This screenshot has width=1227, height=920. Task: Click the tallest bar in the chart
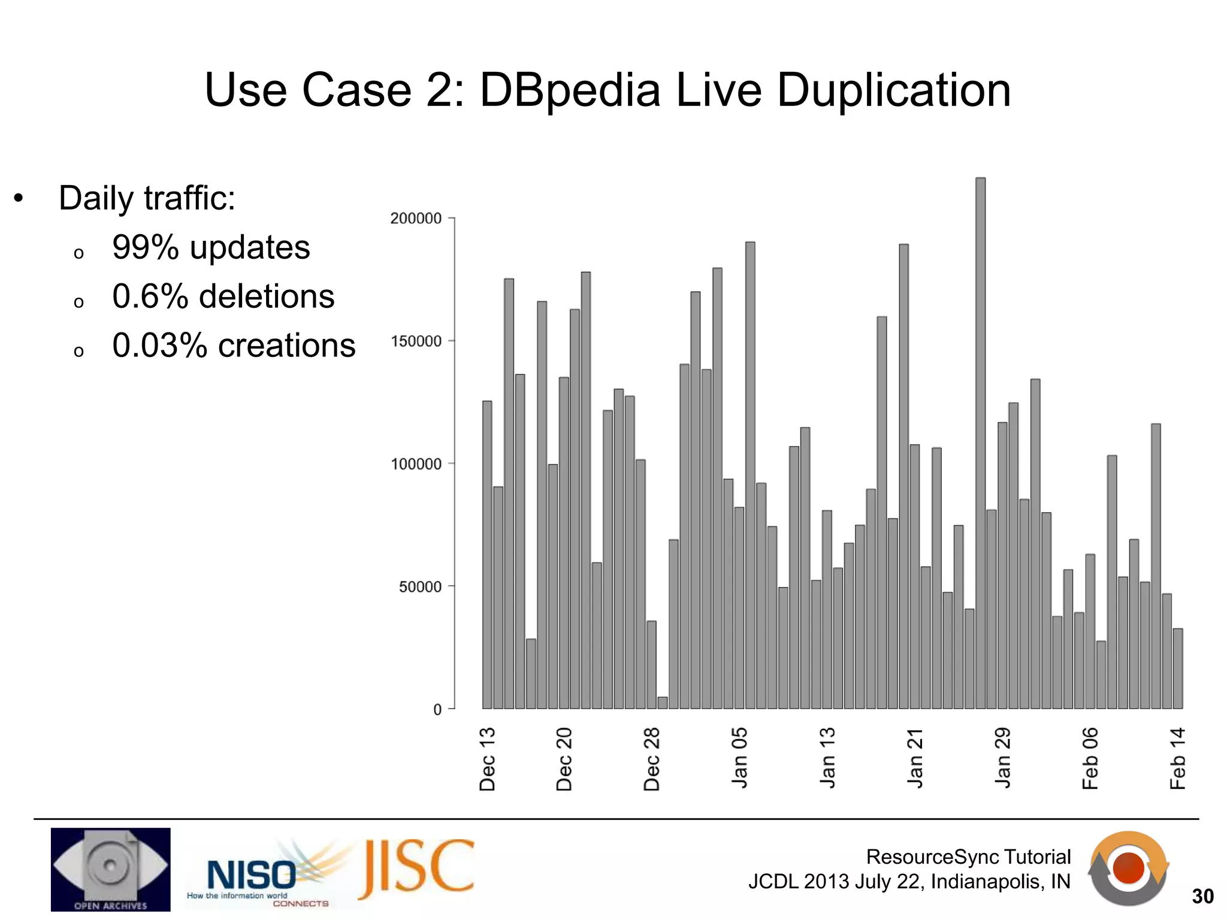(980, 443)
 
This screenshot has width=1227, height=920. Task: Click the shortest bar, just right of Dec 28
(662, 703)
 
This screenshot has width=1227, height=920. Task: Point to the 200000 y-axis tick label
(416, 219)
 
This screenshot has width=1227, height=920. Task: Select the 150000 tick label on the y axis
(416, 341)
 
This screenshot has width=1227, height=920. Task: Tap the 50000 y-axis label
(420, 587)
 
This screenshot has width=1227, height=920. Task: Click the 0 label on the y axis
(437, 710)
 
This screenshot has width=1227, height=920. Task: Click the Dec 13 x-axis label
(488, 759)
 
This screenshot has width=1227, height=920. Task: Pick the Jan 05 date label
(740, 758)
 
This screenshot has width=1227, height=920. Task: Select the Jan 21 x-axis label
(915, 758)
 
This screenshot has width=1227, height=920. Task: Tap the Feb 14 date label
(1177, 758)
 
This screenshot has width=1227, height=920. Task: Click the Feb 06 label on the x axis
(1090, 758)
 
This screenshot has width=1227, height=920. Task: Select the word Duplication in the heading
(893, 90)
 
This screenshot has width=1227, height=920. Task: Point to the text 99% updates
(211, 247)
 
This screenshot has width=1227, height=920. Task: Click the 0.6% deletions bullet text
(223, 296)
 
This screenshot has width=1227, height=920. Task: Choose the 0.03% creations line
(234, 346)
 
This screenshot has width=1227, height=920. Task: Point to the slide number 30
(1202, 896)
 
